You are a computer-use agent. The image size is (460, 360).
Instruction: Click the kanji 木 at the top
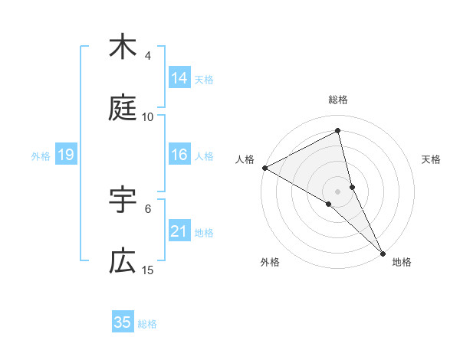123,47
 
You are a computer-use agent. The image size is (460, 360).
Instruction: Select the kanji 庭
123,110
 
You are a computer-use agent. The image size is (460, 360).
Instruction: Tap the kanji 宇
123,201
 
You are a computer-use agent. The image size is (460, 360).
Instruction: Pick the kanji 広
123,262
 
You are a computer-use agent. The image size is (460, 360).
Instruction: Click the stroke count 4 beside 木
148,56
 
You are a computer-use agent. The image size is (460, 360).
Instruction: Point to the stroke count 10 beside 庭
148,117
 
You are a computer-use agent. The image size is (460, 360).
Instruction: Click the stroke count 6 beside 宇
148,208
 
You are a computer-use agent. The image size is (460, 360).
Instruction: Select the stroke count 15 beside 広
148,270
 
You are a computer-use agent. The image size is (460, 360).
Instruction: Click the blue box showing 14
179,78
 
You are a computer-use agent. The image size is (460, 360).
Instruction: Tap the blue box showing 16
179,155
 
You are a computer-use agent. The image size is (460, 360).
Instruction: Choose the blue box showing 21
179,231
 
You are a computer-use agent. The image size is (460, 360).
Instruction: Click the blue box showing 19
66,155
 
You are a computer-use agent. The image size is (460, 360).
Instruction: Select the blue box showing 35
123,322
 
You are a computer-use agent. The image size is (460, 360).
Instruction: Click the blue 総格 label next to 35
147,324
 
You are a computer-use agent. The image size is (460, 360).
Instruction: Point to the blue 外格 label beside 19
41,156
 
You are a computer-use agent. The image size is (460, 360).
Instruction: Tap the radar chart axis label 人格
245,159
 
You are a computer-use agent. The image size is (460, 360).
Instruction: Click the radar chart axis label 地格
402,262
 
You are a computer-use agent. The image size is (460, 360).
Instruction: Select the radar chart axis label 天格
431,159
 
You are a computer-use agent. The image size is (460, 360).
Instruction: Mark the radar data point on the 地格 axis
383,252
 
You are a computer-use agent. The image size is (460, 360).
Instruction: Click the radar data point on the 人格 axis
264,168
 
